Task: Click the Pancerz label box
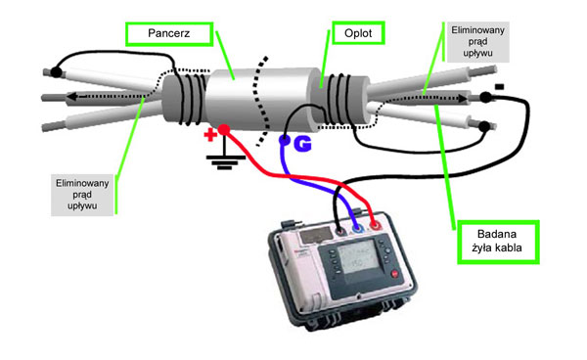(x=169, y=34)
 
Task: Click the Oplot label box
(x=358, y=33)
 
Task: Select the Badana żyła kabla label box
(x=498, y=242)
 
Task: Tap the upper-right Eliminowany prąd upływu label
(x=477, y=41)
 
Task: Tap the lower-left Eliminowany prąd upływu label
(x=82, y=195)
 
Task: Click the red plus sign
(x=210, y=135)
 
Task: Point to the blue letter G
(x=302, y=144)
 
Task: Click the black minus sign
(x=499, y=87)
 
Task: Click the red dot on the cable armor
(x=224, y=130)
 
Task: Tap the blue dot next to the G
(x=285, y=140)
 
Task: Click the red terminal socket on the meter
(x=375, y=226)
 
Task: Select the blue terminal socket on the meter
(x=358, y=228)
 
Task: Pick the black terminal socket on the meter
(x=340, y=231)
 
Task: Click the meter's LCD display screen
(x=357, y=258)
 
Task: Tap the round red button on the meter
(x=395, y=274)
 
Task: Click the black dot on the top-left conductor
(x=56, y=71)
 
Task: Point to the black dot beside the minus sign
(x=485, y=97)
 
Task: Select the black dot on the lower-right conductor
(x=484, y=126)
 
